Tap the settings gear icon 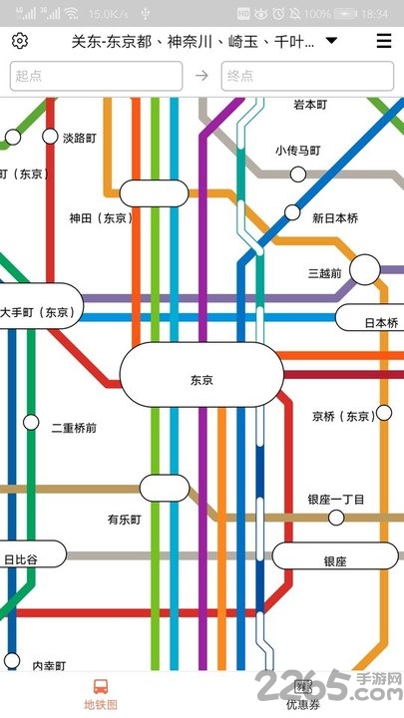pyautogui.click(x=20, y=41)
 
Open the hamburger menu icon pyautogui.click(x=383, y=41)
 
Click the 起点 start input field pyautogui.click(x=96, y=76)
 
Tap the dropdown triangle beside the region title pyautogui.click(x=331, y=41)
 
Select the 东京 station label pyautogui.click(x=202, y=380)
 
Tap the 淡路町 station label pyautogui.click(x=80, y=138)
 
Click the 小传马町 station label pyautogui.click(x=298, y=151)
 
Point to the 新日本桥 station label pyautogui.click(x=334, y=218)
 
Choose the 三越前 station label pyautogui.click(x=325, y=272)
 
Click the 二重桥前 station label pyautogui.click(x=74, y=428)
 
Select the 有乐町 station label pyautogui.click(x=125, y=520)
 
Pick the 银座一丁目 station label pyautogui.click(x=337, y=500)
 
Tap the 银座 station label pyautogui.click(x=334, y=561)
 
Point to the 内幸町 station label pyautogui.click(x=49, y=666)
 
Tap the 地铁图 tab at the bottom pyautogui.click(x=100, y=693)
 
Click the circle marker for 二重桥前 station pyautogui.click(x=31, y=423)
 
